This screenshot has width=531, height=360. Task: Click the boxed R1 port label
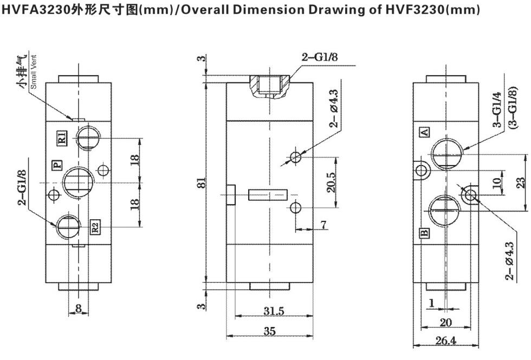tap(62, 138)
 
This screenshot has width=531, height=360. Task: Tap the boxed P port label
tap(57, 165)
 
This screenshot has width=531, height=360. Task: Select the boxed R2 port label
tap(95, 226)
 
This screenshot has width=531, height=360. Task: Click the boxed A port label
tap(425, 132)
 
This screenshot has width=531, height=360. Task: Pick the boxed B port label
tap(424, 233)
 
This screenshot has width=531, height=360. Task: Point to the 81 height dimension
tap(201, 183)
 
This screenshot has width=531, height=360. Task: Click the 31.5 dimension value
tap(274, 311)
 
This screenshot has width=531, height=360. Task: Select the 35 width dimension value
tap(270, 331)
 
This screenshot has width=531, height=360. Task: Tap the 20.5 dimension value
tap(331, 182)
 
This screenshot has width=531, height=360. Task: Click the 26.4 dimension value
tap(445, 341)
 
